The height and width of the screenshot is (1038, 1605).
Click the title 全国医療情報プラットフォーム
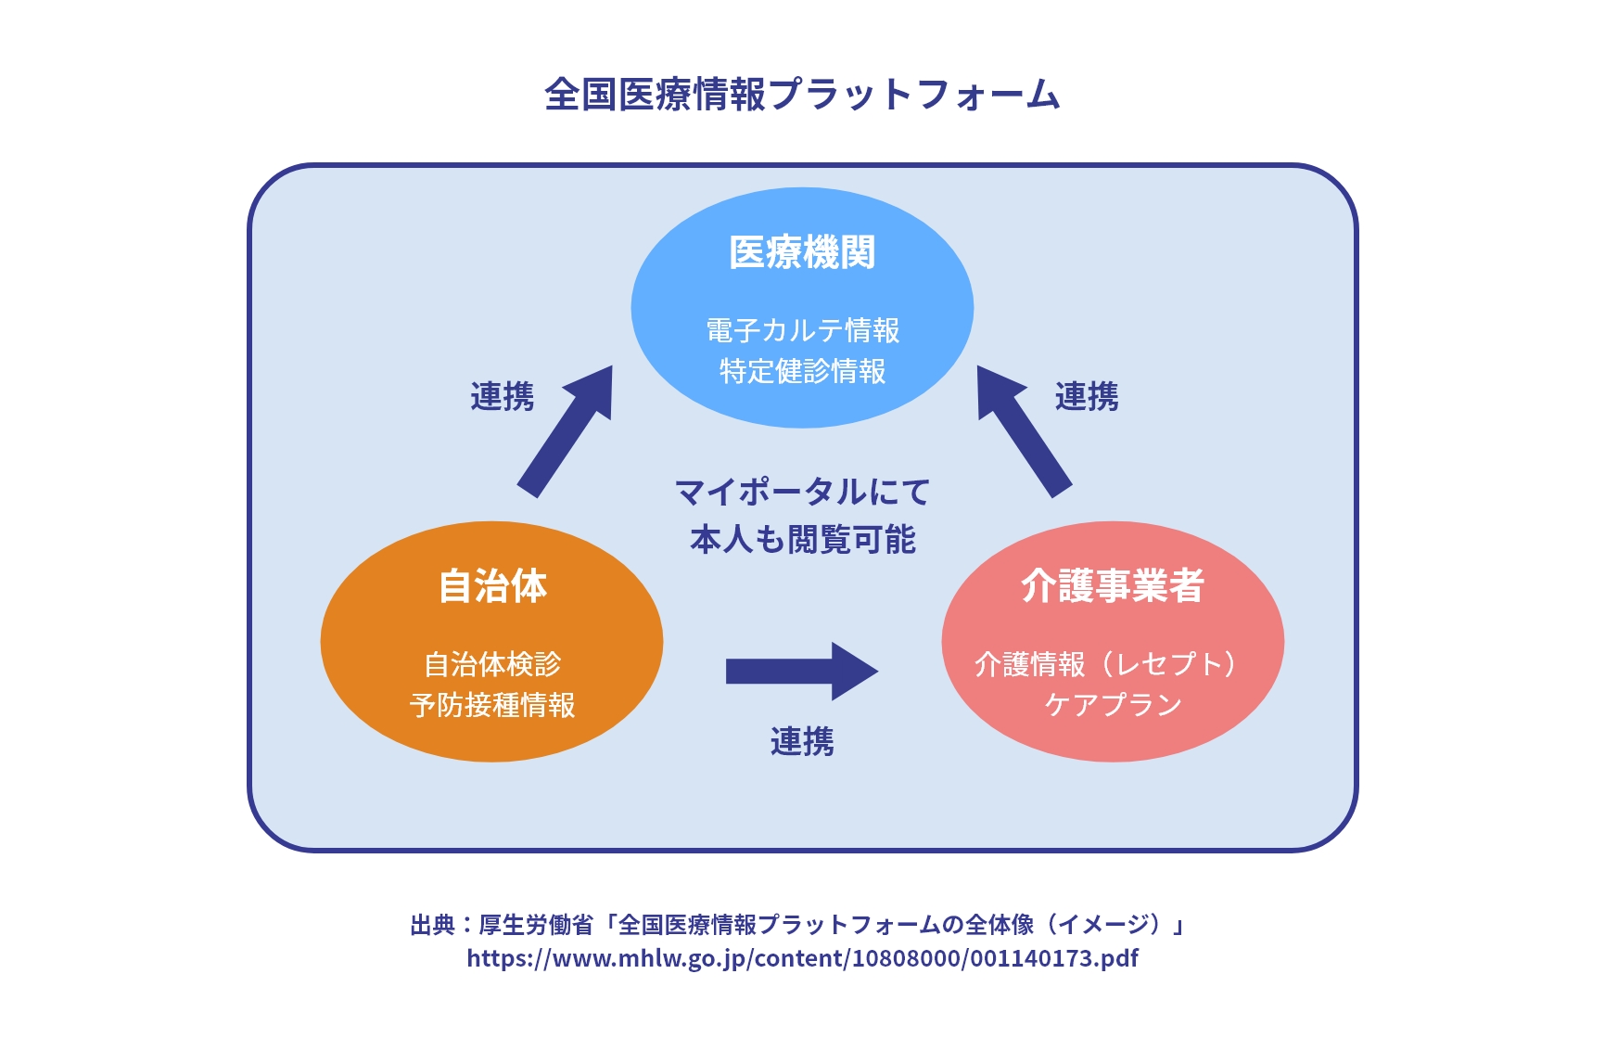click(802, 95)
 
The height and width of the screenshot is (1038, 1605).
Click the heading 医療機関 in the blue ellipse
click(802, 252)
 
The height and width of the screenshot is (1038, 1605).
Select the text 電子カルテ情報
click(803, 330)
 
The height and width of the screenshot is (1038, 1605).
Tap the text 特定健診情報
click(803, 371)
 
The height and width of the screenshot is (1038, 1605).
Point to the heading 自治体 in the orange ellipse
click(492, 586)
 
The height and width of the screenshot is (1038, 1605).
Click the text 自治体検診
click(492, 664)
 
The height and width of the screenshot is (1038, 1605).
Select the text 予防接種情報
click(492, 705)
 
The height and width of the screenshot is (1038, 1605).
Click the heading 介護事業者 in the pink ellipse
click(1113, 586)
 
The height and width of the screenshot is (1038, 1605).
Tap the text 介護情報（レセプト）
click(1107, 664)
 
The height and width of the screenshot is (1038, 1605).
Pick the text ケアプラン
click(1113, 705)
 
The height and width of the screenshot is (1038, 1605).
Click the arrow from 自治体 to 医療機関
click(565, 431)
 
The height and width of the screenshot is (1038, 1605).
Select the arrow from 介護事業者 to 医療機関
click(1025, 431)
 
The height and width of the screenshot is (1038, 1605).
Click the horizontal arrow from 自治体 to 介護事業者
click(802, 671)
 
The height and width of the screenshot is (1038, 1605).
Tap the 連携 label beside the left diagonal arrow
click(502, 397)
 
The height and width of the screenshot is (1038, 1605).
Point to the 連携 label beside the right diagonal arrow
click(1087, 397)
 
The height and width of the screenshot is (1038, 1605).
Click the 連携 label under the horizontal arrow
click(802, 742)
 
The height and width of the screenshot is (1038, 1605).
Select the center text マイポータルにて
click(802, 492)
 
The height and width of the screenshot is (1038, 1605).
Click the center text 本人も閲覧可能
click(802, 540)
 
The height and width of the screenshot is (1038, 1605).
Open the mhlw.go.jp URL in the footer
click(802, 958)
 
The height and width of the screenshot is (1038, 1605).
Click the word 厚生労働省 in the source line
click(535, 925)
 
